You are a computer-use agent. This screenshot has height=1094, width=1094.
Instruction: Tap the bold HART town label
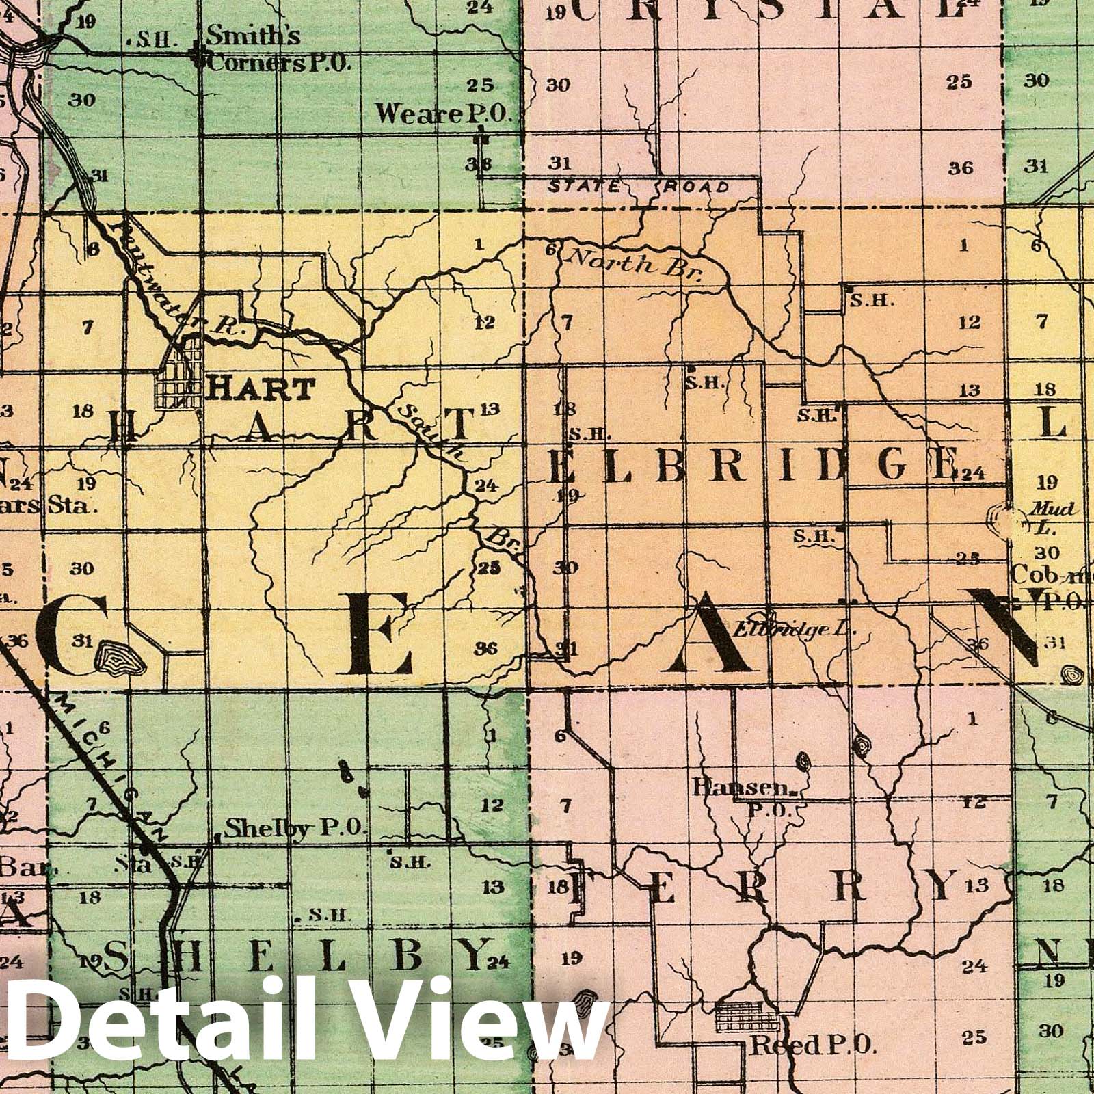pos(261,389)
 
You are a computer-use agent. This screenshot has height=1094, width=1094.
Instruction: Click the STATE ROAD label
pos(639,186)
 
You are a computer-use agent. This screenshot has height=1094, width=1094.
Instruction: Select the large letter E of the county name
pos(379,634)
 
